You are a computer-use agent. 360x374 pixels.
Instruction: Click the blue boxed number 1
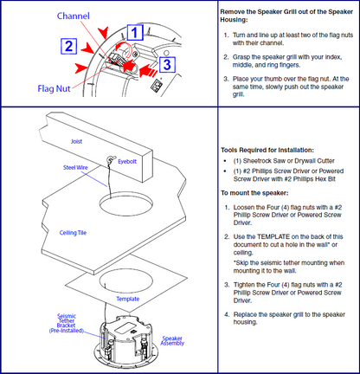[135, 32]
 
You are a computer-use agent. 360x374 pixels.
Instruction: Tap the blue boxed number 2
[69, 46]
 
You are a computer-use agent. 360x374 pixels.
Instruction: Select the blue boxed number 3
[167, 64]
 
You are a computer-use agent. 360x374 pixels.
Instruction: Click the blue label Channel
[74, 16]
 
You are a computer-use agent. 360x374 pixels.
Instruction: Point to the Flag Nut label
[54, 88]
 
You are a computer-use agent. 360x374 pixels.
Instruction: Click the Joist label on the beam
[76, 141]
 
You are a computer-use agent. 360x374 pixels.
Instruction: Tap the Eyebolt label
[127, 162]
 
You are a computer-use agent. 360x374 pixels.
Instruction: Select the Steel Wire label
[75, 167]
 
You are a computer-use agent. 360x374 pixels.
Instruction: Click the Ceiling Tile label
[73, 233]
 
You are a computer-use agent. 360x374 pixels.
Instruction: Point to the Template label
[128, 299]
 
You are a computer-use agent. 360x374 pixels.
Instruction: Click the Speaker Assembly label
[172, 340]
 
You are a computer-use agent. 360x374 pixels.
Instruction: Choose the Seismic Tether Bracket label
[67, 323]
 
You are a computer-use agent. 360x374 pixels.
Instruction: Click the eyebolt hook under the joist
[110, 159]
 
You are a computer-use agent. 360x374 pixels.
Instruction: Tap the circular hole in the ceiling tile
[126, 204]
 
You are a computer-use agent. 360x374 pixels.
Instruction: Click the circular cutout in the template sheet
[126, 280]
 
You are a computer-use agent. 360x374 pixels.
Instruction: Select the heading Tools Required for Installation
[267, 150]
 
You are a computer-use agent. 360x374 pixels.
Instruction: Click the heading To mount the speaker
[254, 193]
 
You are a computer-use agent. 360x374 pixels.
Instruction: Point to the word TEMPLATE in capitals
[273, 237]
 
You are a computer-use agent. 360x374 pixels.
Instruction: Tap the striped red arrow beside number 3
[148, 70]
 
